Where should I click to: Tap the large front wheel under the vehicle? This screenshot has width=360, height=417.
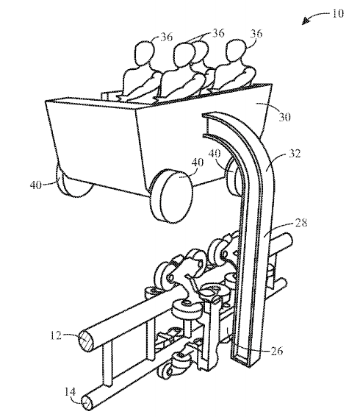pyautogui.click(x=172, y=193)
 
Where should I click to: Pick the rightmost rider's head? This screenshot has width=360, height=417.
pyautogui.click(x=234, y=54)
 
